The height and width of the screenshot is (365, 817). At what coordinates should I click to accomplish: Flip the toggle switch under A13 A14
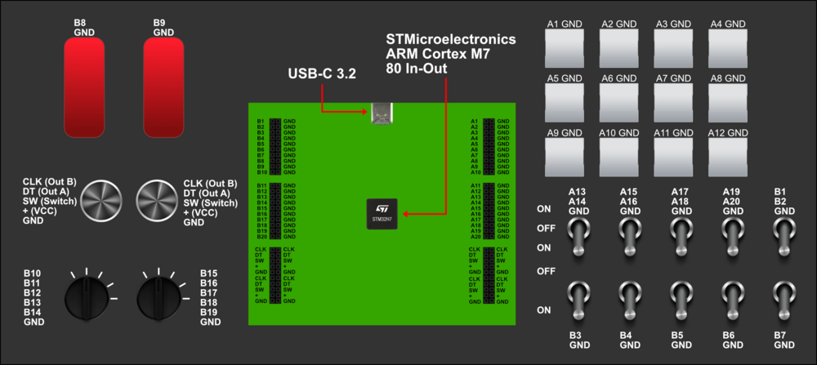(x=578, y=236)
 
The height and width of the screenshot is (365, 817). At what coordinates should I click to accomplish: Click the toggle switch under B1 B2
(x=784, y=236)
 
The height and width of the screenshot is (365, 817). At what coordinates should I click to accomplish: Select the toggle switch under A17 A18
(x=681, y=236)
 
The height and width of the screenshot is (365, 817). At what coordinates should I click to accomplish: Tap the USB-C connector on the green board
(x=382, y=115)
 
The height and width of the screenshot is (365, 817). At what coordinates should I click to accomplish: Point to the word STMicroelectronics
(x=451, y=38)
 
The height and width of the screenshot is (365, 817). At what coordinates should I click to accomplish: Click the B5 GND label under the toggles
(x=681, y=341)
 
